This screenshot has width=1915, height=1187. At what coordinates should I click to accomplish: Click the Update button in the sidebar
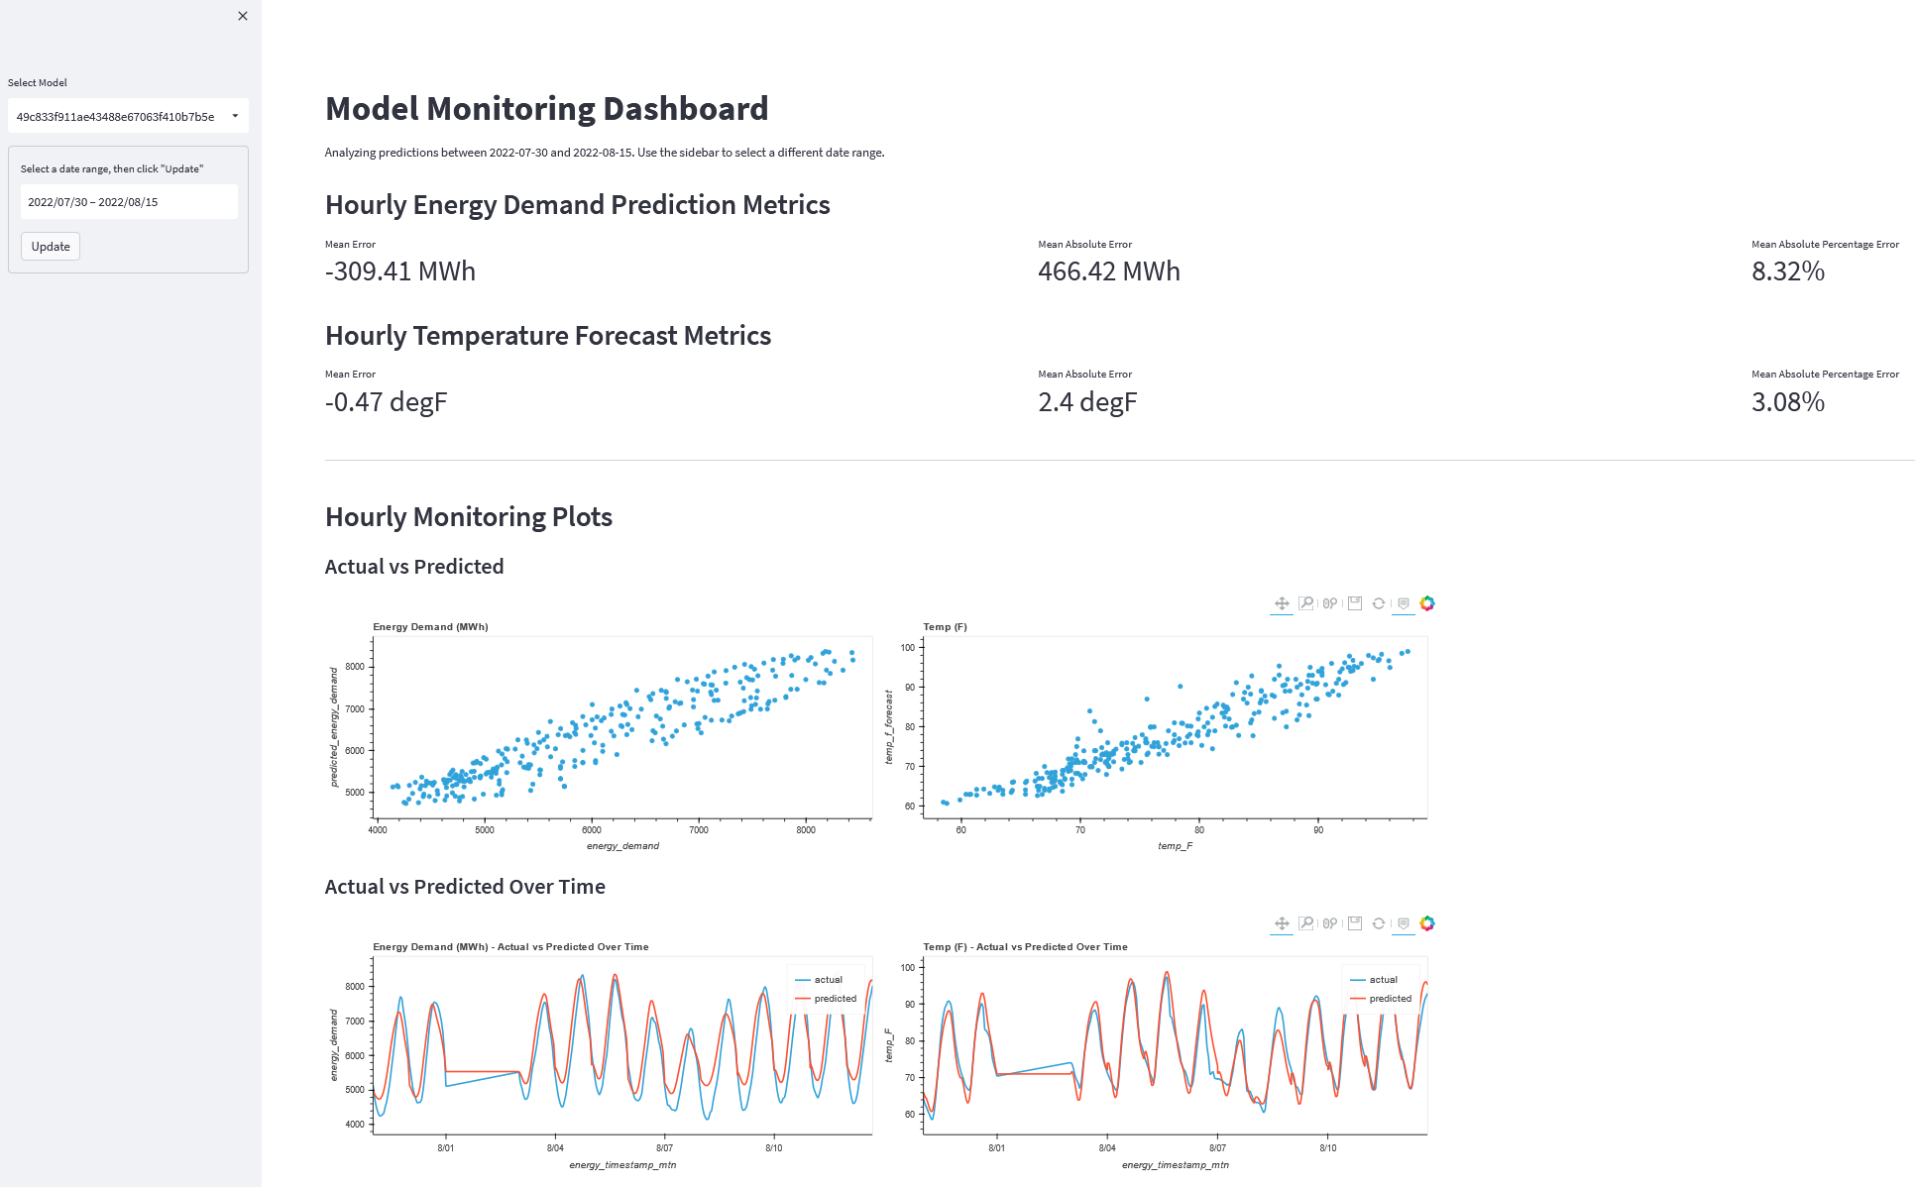pos(51,247)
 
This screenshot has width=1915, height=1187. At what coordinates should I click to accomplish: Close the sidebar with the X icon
pos(243,16)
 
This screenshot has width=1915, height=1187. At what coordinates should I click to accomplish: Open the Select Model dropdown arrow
pos(235,116)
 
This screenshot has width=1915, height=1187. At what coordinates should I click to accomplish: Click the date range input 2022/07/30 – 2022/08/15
pos(129,202)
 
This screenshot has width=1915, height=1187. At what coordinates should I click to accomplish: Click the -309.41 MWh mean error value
pos(400,271)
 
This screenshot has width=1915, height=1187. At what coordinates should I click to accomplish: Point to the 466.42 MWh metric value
pos(1108,271)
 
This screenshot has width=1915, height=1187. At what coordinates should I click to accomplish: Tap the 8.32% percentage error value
pos(1787,271)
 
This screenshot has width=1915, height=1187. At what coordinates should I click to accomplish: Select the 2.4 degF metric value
pos(1087,402)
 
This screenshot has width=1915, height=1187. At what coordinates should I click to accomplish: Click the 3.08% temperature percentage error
pos(1787,402)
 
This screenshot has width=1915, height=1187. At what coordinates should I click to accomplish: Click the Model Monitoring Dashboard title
pos(546,109)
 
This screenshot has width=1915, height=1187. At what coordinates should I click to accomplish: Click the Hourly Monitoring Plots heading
pos(468,517)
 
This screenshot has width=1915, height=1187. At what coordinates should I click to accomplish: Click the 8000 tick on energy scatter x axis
pos(806,830)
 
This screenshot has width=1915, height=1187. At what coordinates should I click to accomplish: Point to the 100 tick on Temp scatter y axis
pos(908,648)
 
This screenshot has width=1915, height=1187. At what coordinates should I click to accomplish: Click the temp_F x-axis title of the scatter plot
pos(1175,846)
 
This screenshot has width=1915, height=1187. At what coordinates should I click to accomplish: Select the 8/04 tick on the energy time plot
pos(555,1148)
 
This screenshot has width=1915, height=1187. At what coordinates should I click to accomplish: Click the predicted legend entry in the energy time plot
pos(834,999)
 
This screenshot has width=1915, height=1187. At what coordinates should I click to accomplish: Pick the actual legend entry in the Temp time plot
pos(1382,980)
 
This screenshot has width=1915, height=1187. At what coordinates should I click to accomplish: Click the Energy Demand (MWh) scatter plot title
pos(430,627)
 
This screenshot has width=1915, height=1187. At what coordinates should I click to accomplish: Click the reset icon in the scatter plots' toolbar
pos(1379,603)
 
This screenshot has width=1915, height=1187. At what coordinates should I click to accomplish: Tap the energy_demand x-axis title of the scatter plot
pos(622,846)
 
